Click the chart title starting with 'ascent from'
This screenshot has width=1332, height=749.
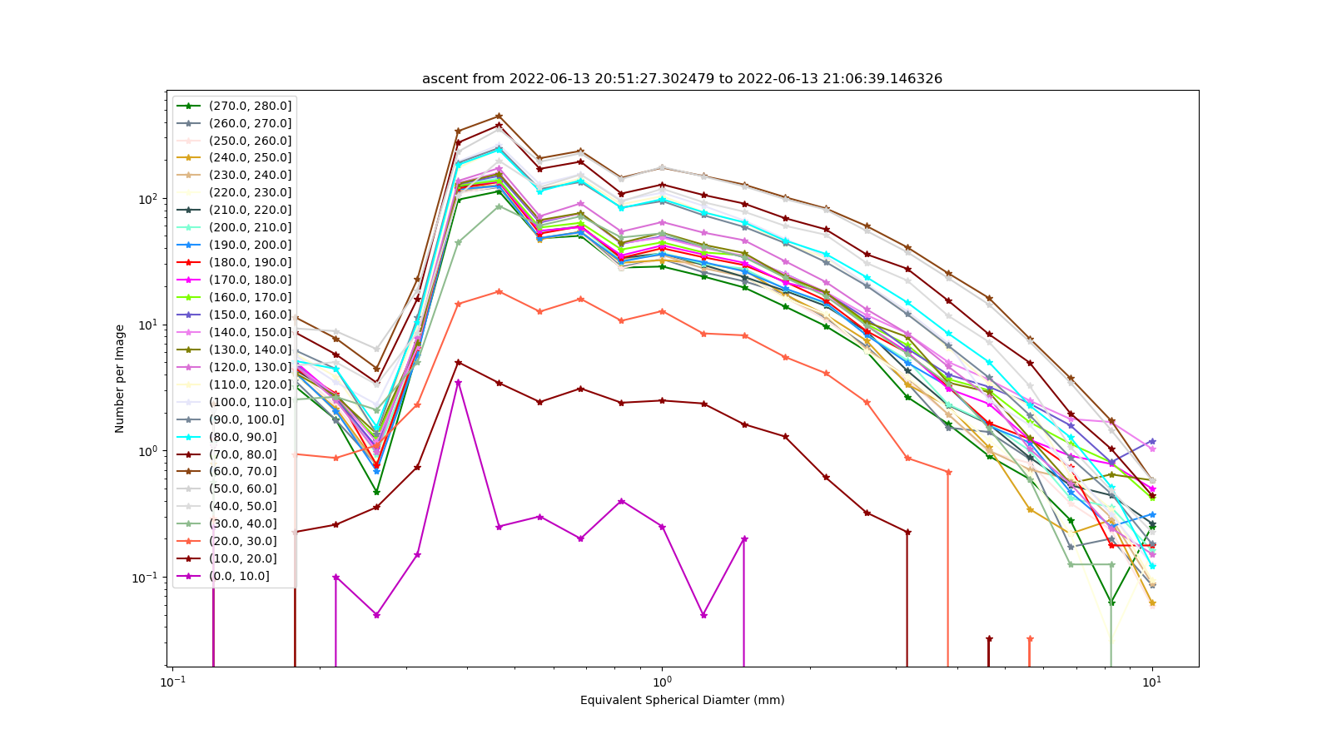[x=682, y=78]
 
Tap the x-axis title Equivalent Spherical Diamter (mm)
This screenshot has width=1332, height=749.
[x=682, y=700]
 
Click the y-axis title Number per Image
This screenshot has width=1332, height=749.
[x=120, y=379]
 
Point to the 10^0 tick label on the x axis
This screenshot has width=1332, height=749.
[x=662, y=682]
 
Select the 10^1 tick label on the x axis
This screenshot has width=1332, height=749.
[x=1152, y=682]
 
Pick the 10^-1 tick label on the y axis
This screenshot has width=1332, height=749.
[x=146, y=578]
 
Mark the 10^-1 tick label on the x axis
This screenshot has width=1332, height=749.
[x=171, y=682]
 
